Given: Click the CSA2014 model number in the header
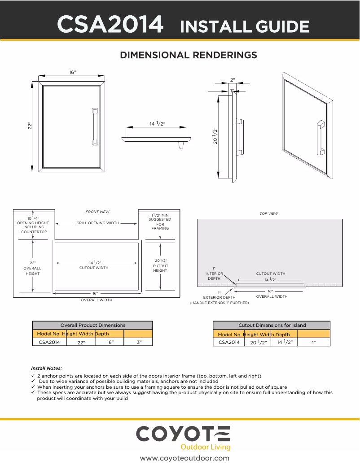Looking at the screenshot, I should tap(110, 25).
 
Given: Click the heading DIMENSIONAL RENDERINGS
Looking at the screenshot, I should tap(188, 55).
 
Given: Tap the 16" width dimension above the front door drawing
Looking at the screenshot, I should tap(72, 73).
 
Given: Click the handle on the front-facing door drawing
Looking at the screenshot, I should tap(94, 126).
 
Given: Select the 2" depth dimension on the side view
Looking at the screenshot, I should tap(233, 79).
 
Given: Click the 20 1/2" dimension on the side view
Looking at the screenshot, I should tap(215, 135).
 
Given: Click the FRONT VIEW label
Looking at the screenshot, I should tap(97, 212).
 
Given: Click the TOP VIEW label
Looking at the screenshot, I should tap(268, 213).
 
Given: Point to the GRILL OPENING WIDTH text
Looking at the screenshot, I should tap(97, 223).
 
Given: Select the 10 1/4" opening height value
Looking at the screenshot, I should tap(32, 218).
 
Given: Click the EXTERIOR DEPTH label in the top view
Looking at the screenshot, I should tap(219, 297).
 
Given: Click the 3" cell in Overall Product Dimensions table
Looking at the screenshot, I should tap(139, 342).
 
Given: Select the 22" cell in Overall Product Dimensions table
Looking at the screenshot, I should tap(81, 342).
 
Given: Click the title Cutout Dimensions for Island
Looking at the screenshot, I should tap(272, 325).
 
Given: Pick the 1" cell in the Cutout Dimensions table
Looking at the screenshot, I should tap(314, 342).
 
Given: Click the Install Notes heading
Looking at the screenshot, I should tap(47, 368).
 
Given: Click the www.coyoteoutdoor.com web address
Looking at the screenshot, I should tap(184, 458).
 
